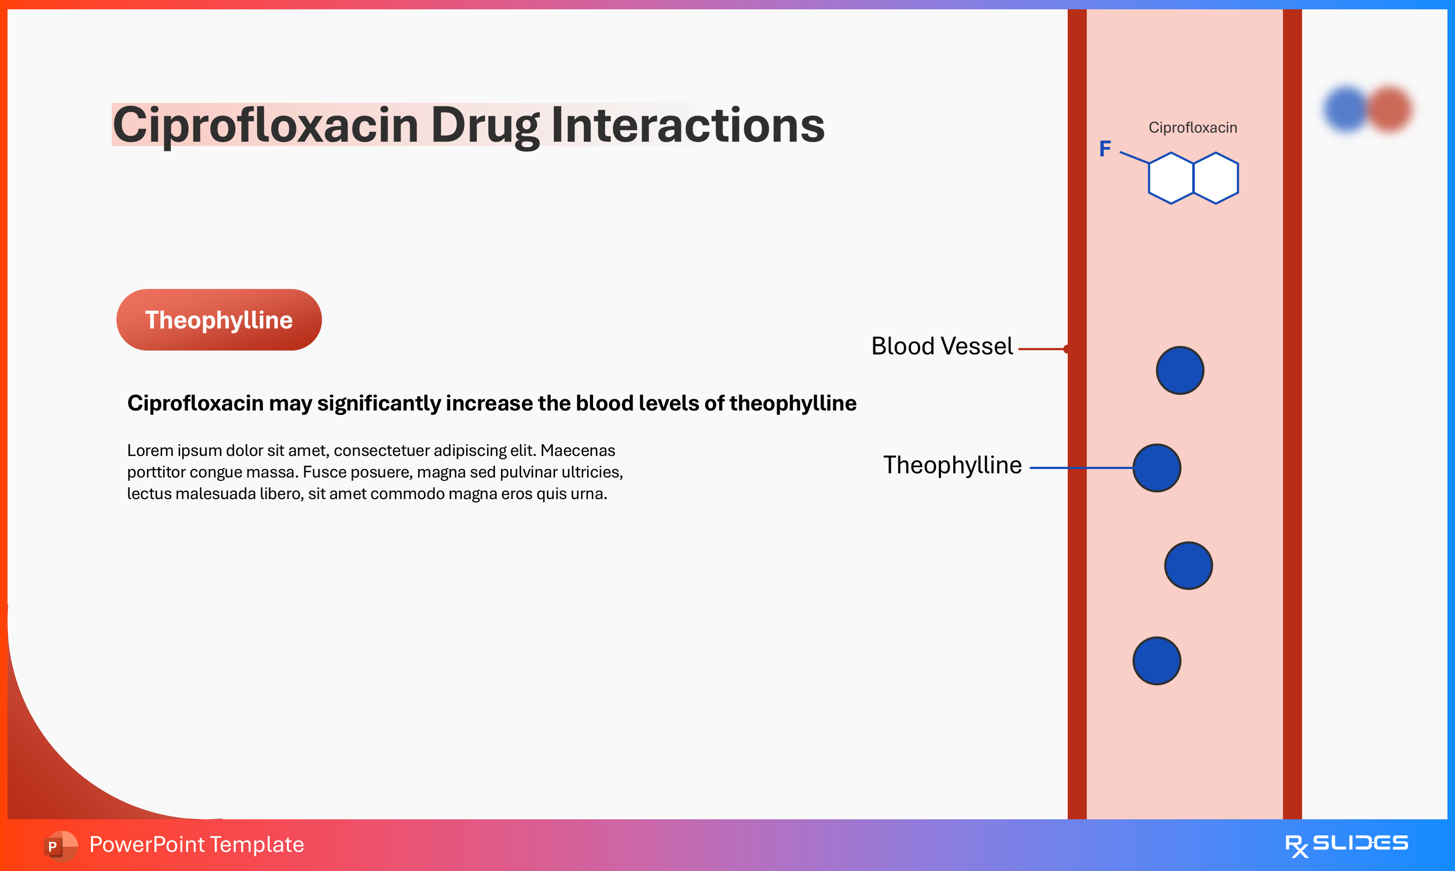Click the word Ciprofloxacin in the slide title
[265, 125]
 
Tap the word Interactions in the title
[688, 125]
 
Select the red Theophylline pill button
[219, 320]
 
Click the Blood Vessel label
[942, 346]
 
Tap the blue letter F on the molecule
[1105, 149]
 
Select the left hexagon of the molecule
[1170, 178]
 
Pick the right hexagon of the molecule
[1216, 178]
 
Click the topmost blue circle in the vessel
[1180, 370]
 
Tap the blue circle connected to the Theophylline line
[1156, 468]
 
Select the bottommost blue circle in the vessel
[1156, 661]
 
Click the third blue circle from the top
[1188, 565]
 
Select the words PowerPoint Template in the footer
[196, 844]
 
